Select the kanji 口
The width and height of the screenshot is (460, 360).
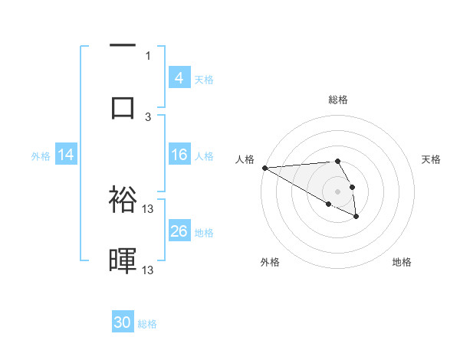click(123, 107)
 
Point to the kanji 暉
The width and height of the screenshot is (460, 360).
click(123, 260)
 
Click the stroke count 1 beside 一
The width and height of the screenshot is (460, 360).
click(148, 55)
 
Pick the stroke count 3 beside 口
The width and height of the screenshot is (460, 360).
click(148, 116)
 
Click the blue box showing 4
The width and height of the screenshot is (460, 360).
click(179, 78)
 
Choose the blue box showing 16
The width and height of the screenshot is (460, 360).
click(179, 155)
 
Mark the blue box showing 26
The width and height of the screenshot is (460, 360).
click(179, 231)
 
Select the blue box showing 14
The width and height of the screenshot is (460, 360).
click(66, 155)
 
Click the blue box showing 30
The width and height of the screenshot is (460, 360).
click(123, 322)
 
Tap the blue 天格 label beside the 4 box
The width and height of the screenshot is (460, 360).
click(204, 79)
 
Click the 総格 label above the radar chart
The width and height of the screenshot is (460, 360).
click(338, 100)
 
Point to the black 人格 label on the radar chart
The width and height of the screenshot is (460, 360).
click(244, 159)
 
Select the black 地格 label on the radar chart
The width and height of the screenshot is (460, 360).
click(402, 262)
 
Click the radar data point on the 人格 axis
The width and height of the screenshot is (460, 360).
click(264, 168)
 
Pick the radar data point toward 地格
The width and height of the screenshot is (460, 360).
click(356, 218)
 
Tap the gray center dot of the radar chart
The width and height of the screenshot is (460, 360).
click(338, 190)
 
